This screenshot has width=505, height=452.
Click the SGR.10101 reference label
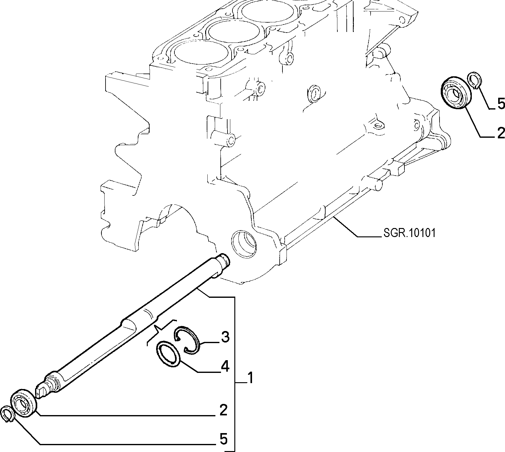tap(408, 233)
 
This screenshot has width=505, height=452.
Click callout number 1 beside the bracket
tap(249, 378)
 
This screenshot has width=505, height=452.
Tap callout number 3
tap(225, 337)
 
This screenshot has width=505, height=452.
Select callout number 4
tap(225, 367)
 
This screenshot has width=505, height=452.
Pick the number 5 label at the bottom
tap(223, 439)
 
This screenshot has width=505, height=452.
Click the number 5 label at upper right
tap(501, 104)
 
